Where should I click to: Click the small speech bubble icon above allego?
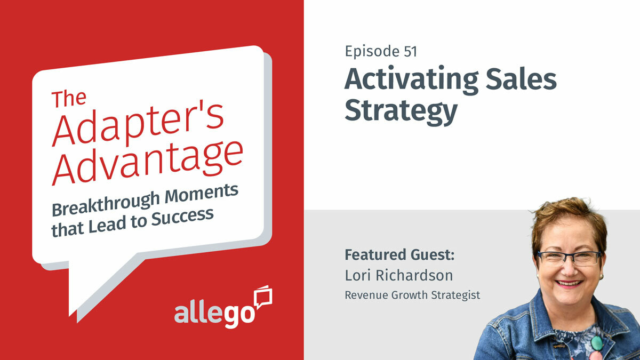click(x=263, y=296)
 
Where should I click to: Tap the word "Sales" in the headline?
click(x=522, y=79)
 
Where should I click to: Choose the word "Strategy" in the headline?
click(x=401, y=110)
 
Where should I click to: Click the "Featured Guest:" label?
click(x=399, y=254)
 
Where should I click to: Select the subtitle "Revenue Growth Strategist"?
click(x=412, y=295)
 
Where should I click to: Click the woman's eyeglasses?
click(x=569, y=258)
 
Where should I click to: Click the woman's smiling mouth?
click(x=570, y=283)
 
